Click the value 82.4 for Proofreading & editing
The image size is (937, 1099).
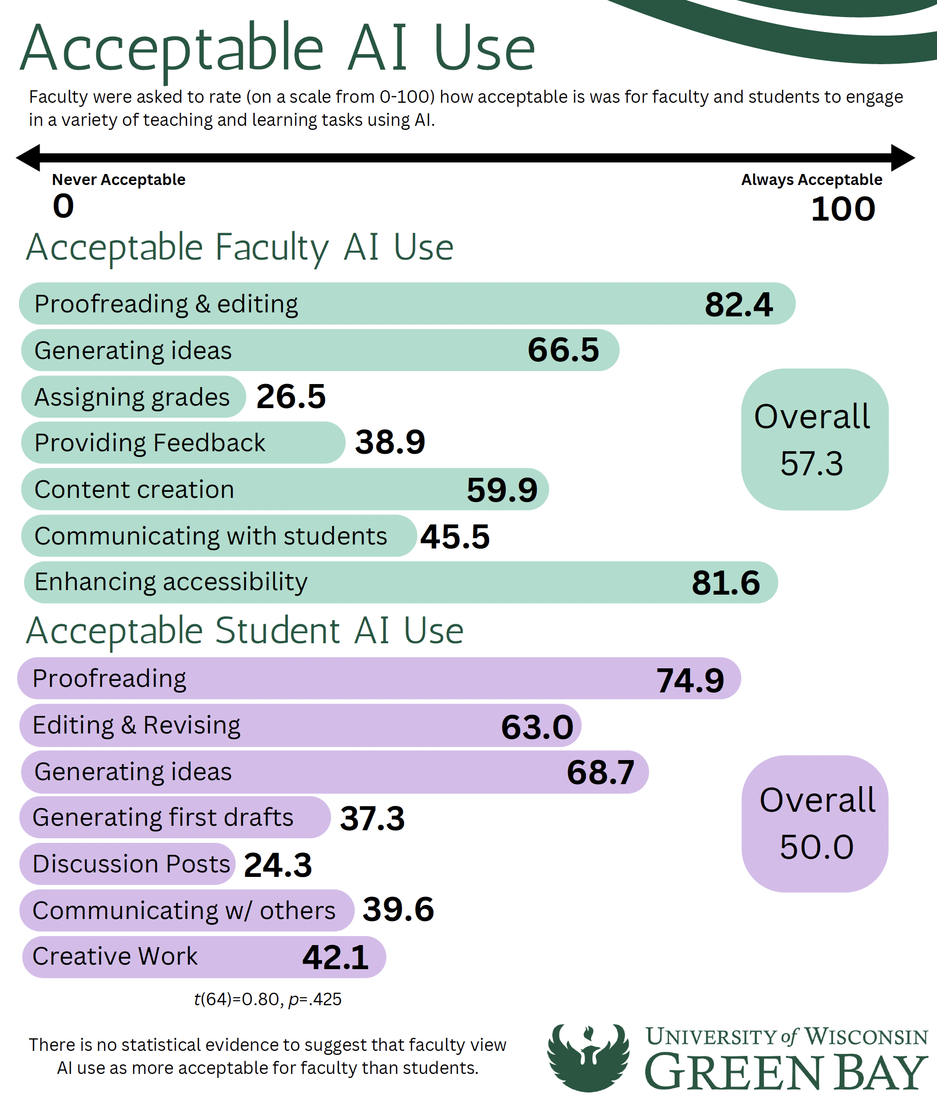click(738, 304)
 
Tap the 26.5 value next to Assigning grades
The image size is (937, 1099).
click(291, 396)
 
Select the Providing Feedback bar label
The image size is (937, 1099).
click(149, 443)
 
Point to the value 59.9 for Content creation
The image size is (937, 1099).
click(502, 489)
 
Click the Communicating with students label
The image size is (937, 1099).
click(211, 535)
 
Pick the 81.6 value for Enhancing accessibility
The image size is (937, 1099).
click(725, 583)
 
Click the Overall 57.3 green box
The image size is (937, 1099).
click(814, 439)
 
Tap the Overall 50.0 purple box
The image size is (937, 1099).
click(815, 824)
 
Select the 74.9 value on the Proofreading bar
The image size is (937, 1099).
click(690, 680)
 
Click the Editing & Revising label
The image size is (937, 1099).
click(136, 725)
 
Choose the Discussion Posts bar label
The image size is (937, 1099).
click(131, 864)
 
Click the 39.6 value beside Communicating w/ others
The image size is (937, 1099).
click(398, 909)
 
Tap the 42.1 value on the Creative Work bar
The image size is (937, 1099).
click(336, 958)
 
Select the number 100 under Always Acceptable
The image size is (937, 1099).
click(843, 209)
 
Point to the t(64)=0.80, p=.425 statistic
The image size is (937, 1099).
click(267, 999)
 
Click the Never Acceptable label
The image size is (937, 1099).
click(118, 180)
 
